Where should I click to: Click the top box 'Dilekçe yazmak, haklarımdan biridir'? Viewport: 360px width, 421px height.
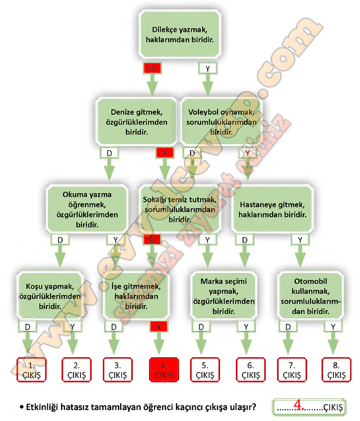point(180,34)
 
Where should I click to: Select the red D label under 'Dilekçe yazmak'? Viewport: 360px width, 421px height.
point(152,68)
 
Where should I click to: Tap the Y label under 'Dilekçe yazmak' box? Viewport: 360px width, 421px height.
point(207,68)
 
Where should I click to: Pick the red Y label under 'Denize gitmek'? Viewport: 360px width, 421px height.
point(165,152)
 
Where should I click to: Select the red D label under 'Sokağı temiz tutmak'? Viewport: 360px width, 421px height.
point(152,240)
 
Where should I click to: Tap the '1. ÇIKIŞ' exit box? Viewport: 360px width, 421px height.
point(31,369)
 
